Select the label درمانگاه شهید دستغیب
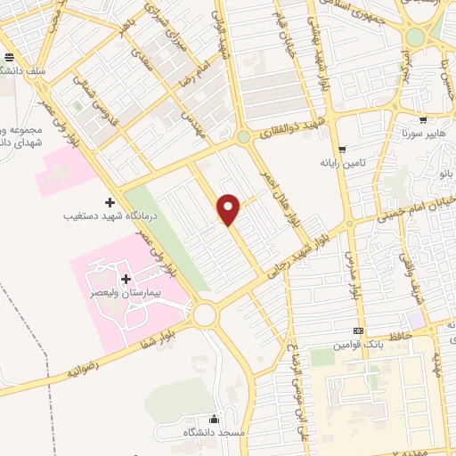[105, 215]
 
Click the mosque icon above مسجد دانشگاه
[213, 419]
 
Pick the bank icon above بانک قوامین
[359, 331]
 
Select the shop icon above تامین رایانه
[343, 150]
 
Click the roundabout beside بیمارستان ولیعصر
[206, 314]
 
